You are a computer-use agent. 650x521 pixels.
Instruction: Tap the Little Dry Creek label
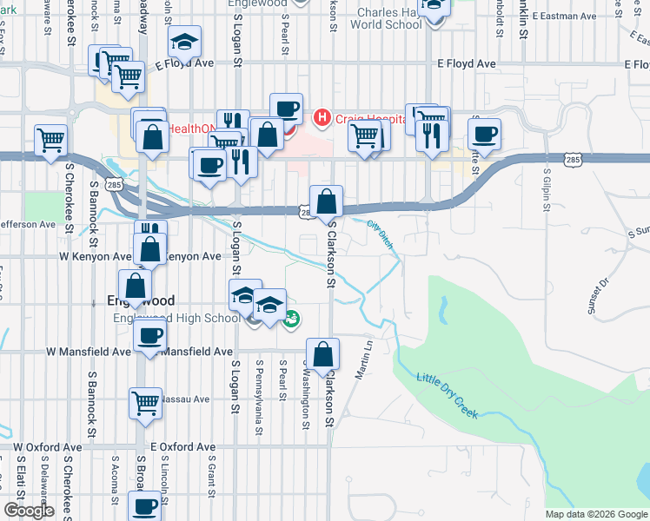click(448, 396)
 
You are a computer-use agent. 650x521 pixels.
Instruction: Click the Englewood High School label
click(176, 318)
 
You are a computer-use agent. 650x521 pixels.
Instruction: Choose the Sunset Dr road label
click(600, 292)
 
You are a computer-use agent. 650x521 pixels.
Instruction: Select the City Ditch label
click(380, 234)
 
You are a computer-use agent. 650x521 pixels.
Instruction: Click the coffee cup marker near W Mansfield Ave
click(149, 335)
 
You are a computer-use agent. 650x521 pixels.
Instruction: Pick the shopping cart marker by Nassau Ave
click(145, 403)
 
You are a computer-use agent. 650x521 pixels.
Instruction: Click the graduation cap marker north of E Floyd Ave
click(184, 43)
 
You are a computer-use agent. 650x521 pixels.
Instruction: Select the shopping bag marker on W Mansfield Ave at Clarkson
click(322, 354)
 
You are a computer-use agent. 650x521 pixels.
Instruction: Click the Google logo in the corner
click(29, 511)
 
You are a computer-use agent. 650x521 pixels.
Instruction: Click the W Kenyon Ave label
click(94, 256)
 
